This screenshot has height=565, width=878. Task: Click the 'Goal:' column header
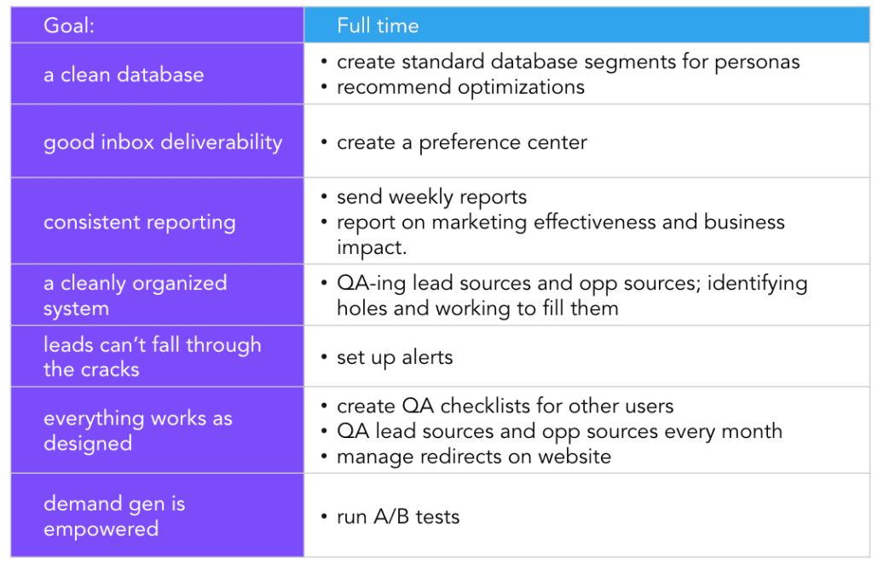point(69,26)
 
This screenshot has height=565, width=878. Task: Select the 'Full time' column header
point(378,26)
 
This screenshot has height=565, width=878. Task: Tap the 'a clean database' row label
point(124,74)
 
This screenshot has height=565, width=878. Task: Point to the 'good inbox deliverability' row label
point(163,142)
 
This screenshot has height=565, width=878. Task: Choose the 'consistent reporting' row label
point(139,222)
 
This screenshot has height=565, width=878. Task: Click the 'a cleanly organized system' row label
point(135,296)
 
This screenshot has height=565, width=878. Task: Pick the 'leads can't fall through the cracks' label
point(152,357)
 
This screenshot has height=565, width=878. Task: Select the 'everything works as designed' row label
point(137,430)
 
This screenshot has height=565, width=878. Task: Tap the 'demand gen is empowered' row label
point(114,516)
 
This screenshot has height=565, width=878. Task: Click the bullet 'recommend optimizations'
point(460,87)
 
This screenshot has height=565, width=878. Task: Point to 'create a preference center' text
point(461,142)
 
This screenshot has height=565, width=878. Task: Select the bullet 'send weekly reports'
point(431,197)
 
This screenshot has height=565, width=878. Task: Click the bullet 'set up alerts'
point(395,357)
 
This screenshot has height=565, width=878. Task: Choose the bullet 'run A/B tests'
point(398,516)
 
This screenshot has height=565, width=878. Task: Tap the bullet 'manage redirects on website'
point(473,456)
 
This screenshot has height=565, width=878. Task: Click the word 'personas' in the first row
point(759,62)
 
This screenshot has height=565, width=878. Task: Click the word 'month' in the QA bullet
point(750,431)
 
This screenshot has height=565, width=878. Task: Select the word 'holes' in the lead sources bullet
point(361,308)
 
